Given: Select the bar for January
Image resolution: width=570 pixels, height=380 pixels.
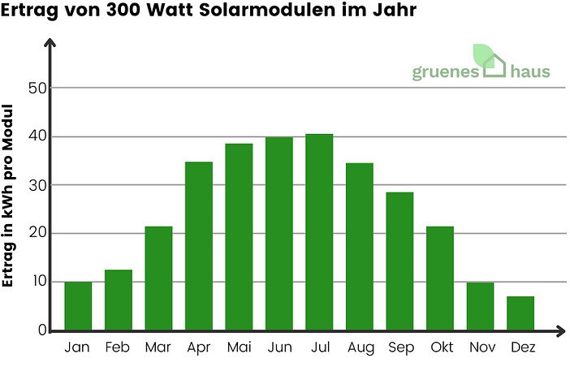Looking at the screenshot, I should [78, 306].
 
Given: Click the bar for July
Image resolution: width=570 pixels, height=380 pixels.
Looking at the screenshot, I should [319, 232].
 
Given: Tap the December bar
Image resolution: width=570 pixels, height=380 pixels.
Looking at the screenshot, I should [520, 313].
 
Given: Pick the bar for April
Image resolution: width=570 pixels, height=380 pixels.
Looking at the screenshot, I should [199, 246].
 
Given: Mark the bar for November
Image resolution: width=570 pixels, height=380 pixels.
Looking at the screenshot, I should [480, 306].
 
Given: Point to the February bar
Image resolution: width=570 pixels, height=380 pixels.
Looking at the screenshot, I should [119, 300].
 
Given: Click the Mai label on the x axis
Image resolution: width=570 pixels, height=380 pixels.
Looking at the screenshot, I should [239, 348].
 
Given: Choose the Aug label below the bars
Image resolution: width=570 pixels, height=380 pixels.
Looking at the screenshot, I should [360, 348].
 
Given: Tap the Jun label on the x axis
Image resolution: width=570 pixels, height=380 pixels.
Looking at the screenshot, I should [279, 348].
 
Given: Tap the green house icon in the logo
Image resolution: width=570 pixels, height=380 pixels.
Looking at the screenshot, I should [491, 61].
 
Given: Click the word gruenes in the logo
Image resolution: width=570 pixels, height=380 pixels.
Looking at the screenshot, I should [446, 72].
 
